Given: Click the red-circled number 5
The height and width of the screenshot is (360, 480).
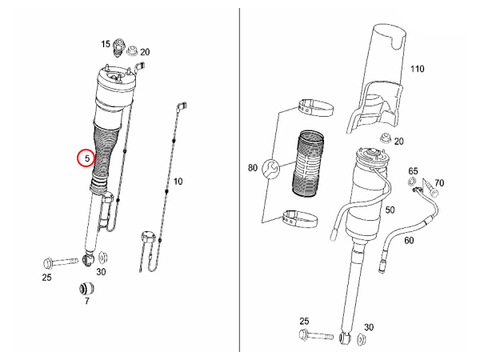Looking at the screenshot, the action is coord(87,158).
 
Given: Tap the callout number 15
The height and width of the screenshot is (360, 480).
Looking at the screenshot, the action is coord(106,44).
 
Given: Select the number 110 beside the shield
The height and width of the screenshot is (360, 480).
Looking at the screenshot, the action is coord(417,69).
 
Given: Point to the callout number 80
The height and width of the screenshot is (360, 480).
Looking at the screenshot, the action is coord(253,168).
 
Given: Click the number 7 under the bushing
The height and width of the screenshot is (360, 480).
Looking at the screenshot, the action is coord(87,301).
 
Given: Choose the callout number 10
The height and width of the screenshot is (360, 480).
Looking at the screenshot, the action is coord(178,181).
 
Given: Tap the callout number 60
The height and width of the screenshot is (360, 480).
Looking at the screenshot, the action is coord(409,240).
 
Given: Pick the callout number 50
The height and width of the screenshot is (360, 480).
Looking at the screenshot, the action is coord(390,210).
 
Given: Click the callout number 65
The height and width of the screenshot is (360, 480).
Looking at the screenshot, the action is coord(413,171).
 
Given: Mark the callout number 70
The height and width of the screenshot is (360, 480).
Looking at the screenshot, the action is coord(439,183).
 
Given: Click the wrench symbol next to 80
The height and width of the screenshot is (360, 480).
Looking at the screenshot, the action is coord(271,169).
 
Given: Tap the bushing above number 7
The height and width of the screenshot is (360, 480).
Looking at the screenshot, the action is coord(87,288).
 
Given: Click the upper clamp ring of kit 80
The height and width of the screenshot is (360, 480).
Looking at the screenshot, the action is coord(316,107).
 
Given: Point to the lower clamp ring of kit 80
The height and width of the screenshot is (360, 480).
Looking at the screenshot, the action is coord(300,219).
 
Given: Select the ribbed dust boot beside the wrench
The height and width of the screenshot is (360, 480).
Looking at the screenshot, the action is coord(308,164).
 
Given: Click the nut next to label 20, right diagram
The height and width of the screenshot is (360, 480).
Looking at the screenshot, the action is coord(385,138).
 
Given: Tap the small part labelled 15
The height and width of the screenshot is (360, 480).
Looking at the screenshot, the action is coord(119,48).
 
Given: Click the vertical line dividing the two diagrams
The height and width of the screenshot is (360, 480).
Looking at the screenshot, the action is coord(239,180).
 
